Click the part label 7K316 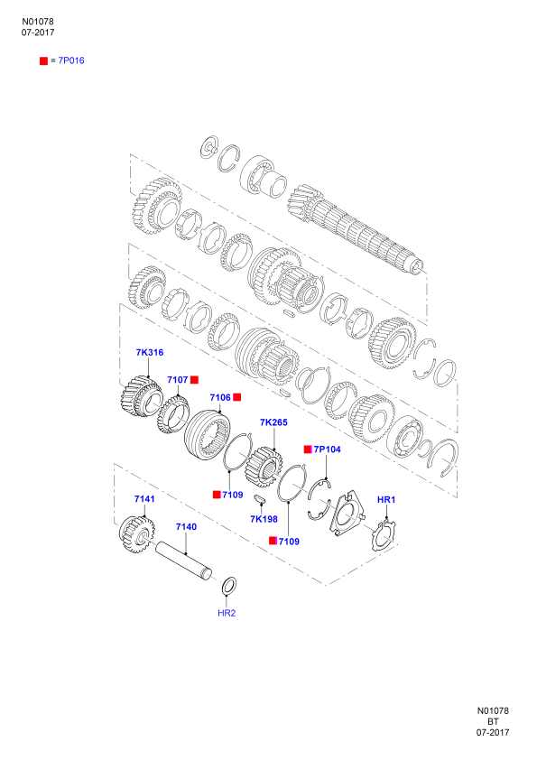tap(150, 352)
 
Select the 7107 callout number tap(178, 380)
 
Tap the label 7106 tap(220, 397)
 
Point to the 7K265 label tap(273, 422)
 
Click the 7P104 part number tap(327, 450)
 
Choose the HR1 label tap(386, 499)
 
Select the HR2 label tap(227, 613)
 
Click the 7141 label tap(144, 499)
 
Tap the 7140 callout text tap(186, 527)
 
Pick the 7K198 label tap(264, 519)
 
